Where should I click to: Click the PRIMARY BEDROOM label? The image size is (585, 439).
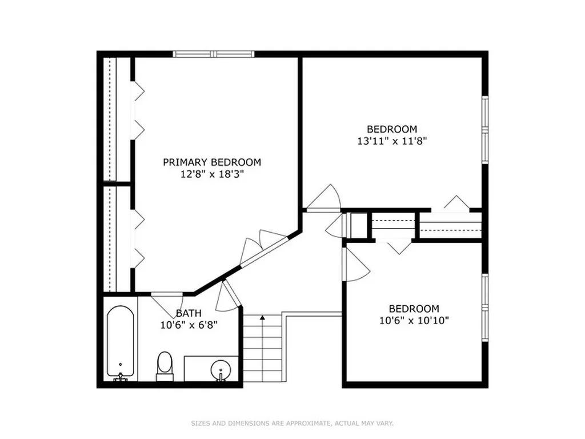212,162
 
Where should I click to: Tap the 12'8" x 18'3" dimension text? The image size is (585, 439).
212,174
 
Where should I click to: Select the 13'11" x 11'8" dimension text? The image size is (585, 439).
392,141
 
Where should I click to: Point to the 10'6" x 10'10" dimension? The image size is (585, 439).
414,321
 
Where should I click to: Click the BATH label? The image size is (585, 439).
189,313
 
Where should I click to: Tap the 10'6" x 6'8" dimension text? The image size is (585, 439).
189,325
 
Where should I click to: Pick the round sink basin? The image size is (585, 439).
221,370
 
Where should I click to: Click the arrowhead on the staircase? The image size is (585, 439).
263,318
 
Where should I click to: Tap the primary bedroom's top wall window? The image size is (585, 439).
214,54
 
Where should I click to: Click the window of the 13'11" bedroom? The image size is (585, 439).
485,130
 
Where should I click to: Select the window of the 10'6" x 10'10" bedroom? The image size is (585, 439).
485,308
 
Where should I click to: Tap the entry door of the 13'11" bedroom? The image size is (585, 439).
324,198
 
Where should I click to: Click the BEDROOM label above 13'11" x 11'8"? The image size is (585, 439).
392,129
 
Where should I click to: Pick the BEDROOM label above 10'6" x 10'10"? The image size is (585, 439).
414,309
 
